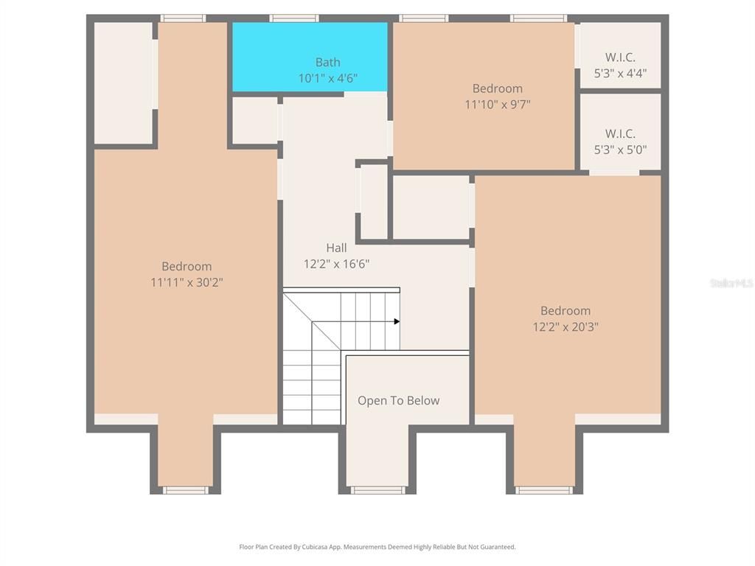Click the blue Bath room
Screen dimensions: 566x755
tap(310, 44)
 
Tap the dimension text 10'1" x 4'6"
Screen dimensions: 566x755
tap(328, 78)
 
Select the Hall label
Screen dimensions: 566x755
tap(336, 248)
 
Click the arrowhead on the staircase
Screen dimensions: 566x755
tap(397, 321)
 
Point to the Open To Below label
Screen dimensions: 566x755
tap(398, 401)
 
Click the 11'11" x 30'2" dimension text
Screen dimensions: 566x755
tap(187, 282)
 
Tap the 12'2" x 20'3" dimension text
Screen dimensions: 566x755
tap(566, 326)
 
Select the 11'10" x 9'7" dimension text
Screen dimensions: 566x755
tap(497, 104)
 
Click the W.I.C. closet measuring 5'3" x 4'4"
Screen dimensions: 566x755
tap(619, 57)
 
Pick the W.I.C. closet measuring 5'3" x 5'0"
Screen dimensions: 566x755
tap(619, 133)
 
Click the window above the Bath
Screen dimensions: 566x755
tap(293, 18)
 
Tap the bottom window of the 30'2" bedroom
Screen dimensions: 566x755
tap(186, 489)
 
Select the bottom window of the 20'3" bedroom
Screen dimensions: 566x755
tap(545, 489)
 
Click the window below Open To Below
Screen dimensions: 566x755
tap(377, 489)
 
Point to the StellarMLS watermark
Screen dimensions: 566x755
tap(731, 282)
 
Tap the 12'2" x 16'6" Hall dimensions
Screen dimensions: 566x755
tap(336, 263)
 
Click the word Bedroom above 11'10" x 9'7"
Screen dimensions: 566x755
tap(497, 88)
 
